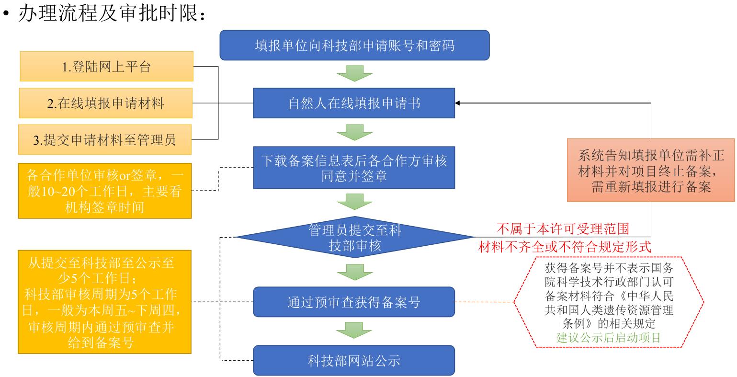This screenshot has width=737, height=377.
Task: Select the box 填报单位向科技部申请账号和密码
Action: pos(354,46)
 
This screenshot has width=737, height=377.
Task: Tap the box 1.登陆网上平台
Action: pos(106,67)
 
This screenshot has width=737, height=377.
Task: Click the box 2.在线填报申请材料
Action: pos(106,103)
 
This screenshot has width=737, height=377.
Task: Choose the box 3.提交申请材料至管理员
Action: pos(105,139)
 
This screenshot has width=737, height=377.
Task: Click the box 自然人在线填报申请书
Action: pos(354,103)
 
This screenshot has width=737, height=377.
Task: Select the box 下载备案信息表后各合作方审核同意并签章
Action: pos(354,168)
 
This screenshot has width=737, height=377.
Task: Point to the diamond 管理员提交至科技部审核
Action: pos(354,237)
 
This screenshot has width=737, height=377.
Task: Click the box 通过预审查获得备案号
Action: pos(354,303)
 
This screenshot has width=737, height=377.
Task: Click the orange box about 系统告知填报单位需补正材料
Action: pos(651,170)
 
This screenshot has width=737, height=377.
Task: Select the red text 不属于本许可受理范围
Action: pos(563,228)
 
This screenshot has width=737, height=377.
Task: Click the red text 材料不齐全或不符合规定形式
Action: pos(565,247)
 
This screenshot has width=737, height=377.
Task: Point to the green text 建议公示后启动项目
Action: pos(609,337)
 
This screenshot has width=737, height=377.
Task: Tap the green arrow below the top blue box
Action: pos(354,74)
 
